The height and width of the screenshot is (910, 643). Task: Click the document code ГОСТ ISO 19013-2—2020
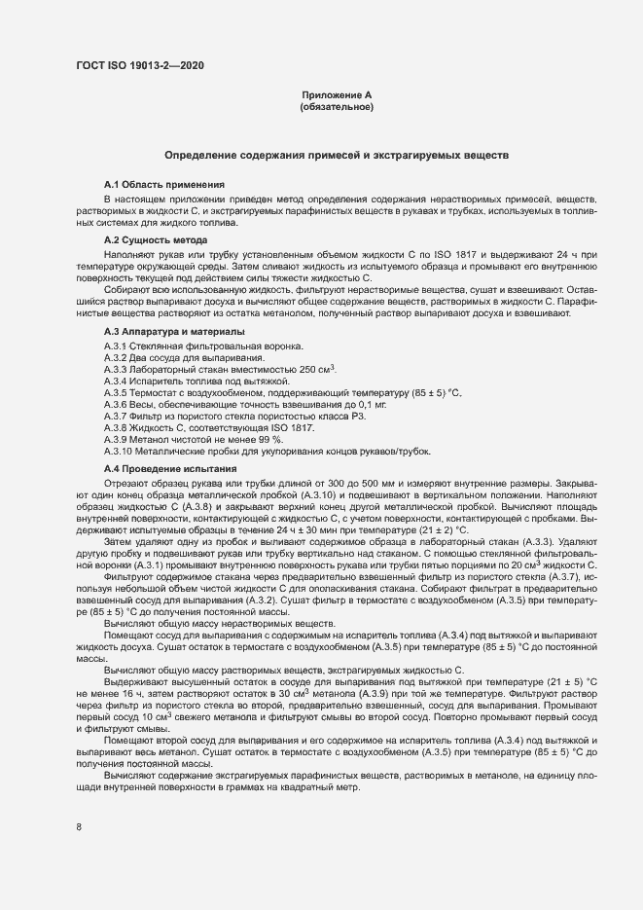point(139,66)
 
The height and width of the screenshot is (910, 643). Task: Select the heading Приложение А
point(337,94)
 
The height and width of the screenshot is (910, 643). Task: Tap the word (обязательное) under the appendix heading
point(337,107)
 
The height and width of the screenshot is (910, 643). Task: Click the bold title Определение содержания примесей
point(337,156)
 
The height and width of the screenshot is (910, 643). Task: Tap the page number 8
point(79,827)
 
